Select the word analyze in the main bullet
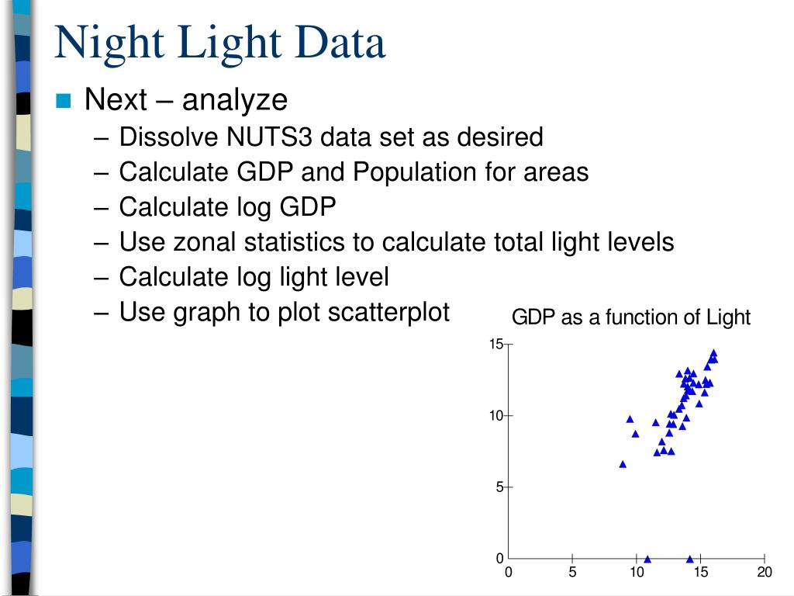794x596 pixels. [235, 100]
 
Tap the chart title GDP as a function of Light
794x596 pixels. [630, 317]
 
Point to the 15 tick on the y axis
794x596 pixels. [496, 345]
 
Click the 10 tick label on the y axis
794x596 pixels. [496, 416]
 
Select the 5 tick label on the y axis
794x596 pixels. [500, 487]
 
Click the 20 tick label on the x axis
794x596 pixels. [765, 573]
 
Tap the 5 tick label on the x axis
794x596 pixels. [572, 573]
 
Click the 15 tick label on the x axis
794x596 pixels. [701, 573]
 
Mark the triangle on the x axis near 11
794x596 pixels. [647, 559]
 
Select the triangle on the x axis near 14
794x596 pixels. [689, 559]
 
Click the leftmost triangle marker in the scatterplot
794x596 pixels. [623, 464]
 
